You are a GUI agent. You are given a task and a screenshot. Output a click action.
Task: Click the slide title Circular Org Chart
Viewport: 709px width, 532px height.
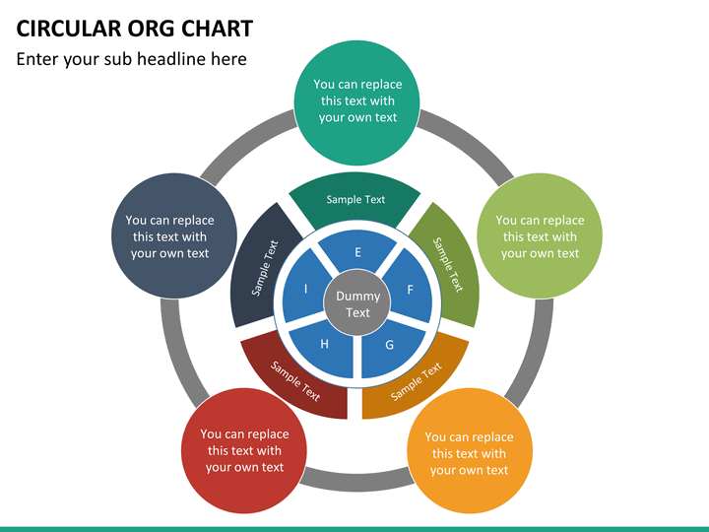(x=135, y=29)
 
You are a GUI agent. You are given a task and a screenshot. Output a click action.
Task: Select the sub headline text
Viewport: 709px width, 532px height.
(x=131, y=59)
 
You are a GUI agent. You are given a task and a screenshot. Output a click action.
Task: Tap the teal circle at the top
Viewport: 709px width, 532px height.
(x=357, y=101)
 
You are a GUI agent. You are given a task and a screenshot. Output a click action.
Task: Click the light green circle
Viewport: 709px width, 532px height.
(x=540, y=236)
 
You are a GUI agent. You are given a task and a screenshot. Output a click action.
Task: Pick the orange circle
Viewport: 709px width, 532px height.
(x=470, y=452)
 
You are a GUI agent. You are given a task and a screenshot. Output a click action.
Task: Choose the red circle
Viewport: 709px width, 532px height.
(x=245, y=450)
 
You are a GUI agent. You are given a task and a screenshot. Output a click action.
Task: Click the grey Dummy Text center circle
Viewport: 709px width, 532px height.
(x=357, y=304)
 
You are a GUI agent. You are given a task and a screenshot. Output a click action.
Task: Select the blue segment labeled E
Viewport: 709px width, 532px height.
(x=357, y=254)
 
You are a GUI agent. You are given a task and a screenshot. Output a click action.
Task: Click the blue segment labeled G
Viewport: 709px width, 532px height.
(x=389, y=347)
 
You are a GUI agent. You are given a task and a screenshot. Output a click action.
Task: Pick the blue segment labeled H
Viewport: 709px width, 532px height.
(x=325, y=347)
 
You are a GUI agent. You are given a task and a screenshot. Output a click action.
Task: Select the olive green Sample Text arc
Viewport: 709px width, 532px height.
(x=449, y=264)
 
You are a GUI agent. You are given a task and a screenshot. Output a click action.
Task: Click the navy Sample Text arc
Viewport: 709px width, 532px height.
(x=261, y=266)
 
